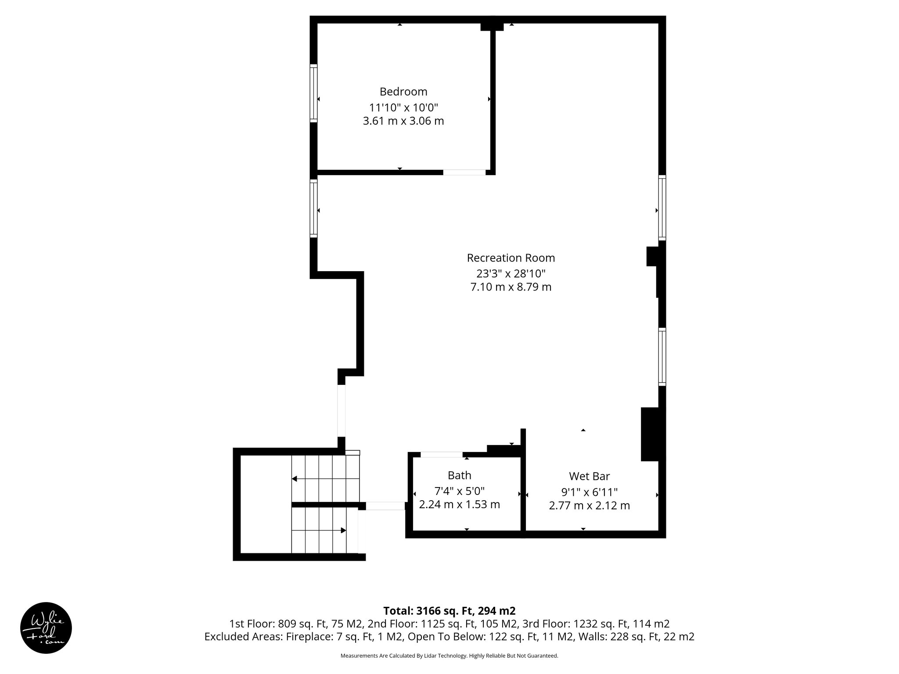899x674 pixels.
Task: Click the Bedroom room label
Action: coord(403,92)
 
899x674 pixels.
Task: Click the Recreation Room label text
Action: coord(511,258)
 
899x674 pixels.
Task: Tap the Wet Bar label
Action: coord(589,476)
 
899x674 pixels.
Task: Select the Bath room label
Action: coord(459,475)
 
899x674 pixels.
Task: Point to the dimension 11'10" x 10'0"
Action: coord(403,107)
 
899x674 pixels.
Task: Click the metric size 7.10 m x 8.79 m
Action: coord(511,287)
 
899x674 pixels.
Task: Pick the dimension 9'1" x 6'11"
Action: coord(589,492)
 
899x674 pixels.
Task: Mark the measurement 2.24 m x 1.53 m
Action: coord(459,505)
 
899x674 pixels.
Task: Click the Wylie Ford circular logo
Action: coord(46,627)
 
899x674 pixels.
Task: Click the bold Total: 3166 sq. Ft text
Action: coord(449,611)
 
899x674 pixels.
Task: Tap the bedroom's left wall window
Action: coord(313,93)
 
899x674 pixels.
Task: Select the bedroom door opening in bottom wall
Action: coord(464,172)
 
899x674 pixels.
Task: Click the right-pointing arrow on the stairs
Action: coord(343,531)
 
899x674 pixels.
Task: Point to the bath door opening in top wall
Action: coord(441,455)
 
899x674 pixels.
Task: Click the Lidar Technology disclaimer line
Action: coord(449,656)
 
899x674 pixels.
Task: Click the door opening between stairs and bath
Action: coord(385,506)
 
